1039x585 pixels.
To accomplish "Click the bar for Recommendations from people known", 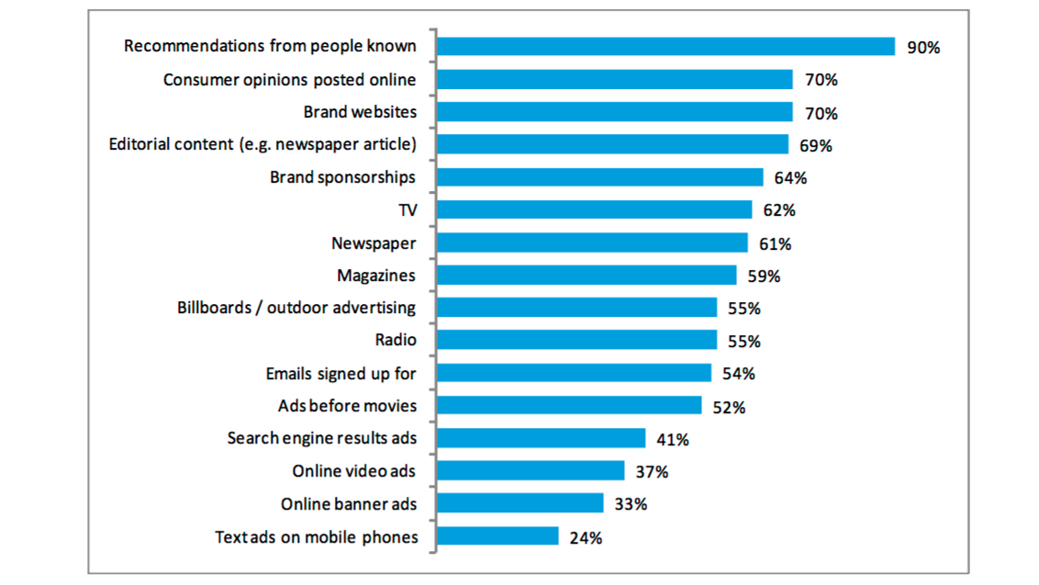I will (665, 47).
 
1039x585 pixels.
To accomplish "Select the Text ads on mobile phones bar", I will (497, 536).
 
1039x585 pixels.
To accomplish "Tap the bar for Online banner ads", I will (520, 503).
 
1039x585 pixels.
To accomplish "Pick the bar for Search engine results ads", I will (542, 438).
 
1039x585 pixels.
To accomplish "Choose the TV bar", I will (595, 210).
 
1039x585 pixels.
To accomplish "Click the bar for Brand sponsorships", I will (600, 177).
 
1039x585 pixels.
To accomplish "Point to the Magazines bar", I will (587, 276).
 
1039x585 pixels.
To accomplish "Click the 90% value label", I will (923, 48).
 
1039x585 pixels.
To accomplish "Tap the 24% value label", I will (586, 538).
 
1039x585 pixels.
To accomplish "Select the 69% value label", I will (815, 146).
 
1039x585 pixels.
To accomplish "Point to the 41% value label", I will (673, 440).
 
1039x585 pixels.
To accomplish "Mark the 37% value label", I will (652, 473).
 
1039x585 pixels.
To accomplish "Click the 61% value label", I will (775, 244).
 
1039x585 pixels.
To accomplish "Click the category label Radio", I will (396, 341).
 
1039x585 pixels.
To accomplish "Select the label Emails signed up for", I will (341, 374).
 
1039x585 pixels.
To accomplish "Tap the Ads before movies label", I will (347, 406).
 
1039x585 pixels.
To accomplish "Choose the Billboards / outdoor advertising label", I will (296, 308).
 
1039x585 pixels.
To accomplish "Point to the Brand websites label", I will (360, 112).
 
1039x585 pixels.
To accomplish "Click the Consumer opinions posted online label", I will (289, 80).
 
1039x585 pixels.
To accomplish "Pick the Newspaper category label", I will (374, 243).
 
